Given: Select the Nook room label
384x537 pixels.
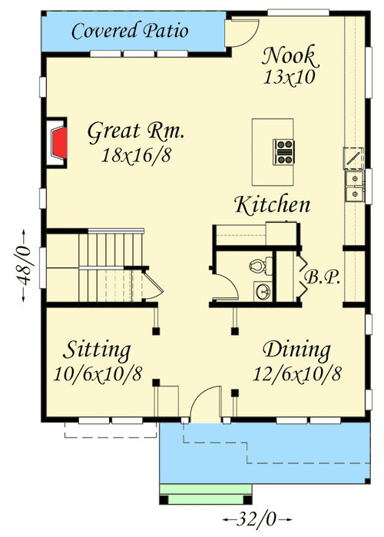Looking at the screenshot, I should point(289,55).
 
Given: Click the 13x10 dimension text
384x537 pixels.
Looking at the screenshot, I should point(290,77).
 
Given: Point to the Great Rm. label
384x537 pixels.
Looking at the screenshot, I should point(135,131).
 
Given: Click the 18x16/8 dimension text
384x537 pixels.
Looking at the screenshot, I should point(135,154).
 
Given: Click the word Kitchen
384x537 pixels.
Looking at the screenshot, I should point(273,205).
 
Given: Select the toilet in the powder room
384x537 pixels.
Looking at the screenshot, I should point(259,266).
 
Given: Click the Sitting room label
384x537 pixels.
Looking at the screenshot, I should point(96,351).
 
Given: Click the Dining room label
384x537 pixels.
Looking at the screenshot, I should point(297,351).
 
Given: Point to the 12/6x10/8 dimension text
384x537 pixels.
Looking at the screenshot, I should point(297,374).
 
